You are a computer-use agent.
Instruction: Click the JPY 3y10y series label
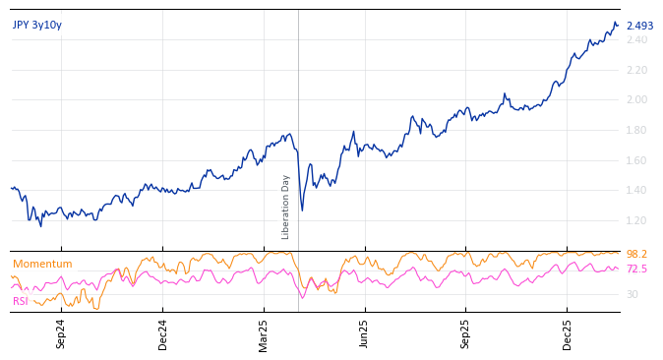[37, 26]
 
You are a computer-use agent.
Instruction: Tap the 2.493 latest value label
[639, 27]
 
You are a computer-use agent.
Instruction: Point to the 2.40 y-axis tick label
[637, 40]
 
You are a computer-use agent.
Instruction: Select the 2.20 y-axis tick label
[637, 71]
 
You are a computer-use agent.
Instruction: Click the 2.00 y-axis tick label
[637, 100]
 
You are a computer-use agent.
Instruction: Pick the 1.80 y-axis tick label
[637, 131]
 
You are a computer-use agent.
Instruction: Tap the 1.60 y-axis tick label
[637, 161]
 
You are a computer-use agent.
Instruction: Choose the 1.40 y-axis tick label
[637, 191]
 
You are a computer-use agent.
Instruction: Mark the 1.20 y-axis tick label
[637, 221]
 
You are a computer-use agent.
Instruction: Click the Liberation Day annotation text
[286, 207]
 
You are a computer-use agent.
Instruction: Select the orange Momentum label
[42, 265]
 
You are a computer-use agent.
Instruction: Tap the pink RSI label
[21, 301]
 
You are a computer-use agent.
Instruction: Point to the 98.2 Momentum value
[636, 255]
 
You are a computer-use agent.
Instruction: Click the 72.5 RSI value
[636, 270]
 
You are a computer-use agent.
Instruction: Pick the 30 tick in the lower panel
[632, 295]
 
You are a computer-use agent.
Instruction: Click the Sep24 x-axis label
[61, 334]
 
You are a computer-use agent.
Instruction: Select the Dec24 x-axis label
[163, 334]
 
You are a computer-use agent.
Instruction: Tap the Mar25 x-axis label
[264, 334]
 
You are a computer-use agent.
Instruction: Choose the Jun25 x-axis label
[365, 334]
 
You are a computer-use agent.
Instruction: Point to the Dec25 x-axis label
[568, 334]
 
